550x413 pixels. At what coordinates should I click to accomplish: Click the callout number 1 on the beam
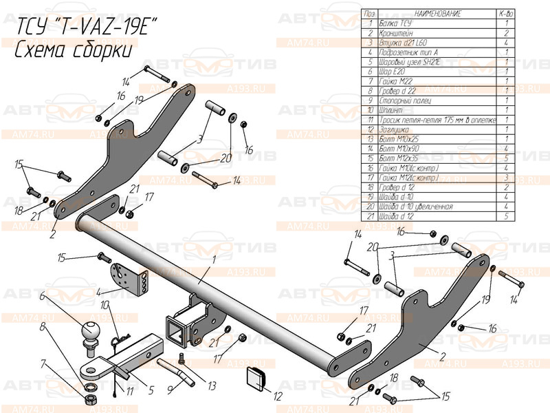point(214,260)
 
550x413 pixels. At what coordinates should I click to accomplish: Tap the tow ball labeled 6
point(91,332)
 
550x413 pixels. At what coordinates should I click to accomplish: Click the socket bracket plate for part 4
point(131,276)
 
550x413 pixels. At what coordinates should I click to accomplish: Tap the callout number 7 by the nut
point(43,362)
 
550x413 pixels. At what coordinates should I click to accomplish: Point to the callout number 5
point(151,389)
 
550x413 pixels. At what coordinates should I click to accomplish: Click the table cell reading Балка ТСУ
point(395,23)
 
